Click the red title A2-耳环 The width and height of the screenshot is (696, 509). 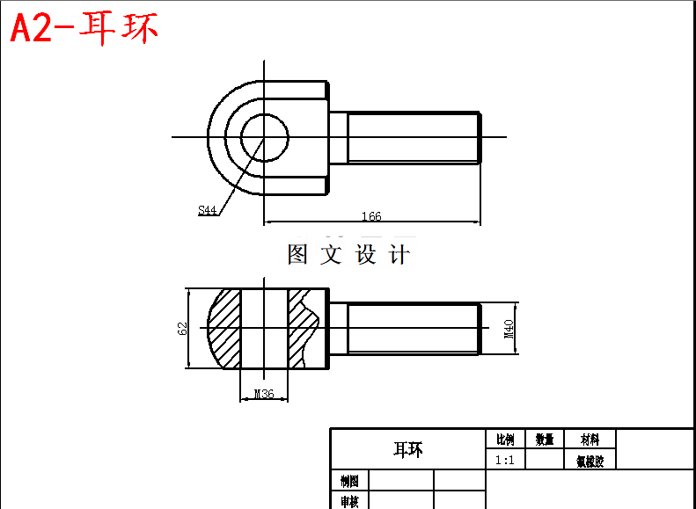84,28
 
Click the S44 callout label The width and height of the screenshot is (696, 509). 208,210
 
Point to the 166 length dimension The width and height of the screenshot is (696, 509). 370,216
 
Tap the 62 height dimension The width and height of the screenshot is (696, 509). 183,329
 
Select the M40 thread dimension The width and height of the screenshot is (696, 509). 509,329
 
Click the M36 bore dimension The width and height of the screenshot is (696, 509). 263,394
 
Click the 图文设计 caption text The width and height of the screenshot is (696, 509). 348,255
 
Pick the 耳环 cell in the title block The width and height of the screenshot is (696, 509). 407,449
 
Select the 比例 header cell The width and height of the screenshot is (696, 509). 505,440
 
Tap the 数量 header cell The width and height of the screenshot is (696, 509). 545,440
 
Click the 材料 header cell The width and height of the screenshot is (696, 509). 590,440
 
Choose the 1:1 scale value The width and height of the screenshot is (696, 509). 505,460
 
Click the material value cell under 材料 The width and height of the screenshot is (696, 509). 590,460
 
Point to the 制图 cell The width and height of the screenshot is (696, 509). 349,481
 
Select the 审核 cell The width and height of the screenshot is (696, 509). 349,501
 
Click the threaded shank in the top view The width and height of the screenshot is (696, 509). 414,137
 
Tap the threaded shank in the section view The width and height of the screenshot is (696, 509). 414,329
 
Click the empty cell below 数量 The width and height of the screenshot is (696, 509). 545,460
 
